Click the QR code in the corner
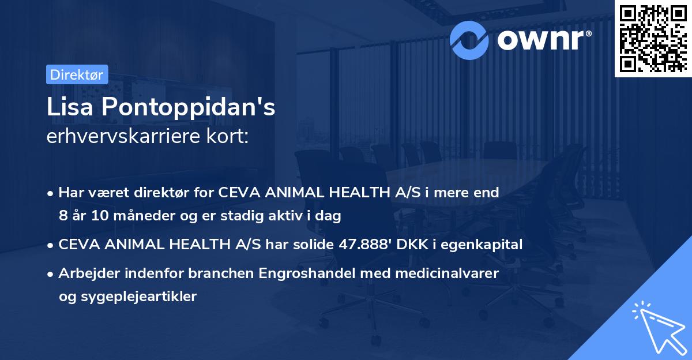653,39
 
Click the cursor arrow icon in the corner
657,327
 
